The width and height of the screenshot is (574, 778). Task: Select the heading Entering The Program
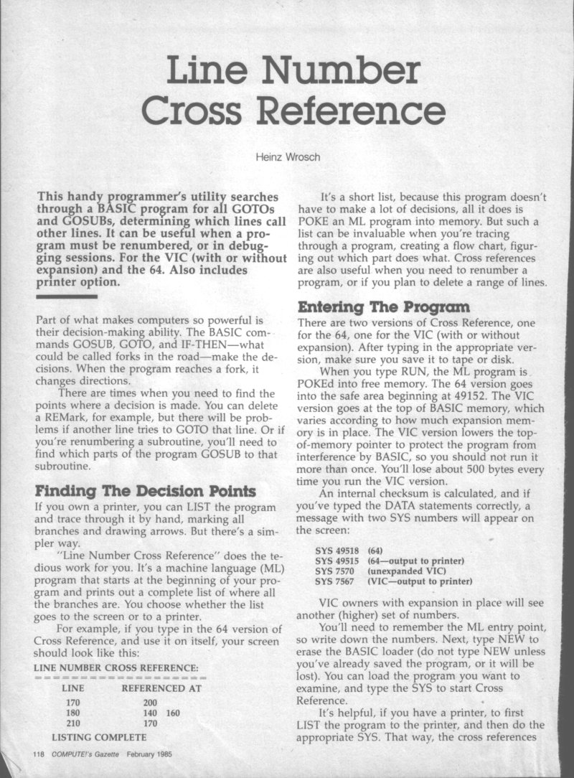tap(379, 309)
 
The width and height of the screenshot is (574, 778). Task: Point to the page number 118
tap(39, 754)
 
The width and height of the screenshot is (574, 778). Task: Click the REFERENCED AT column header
tap(162, 688)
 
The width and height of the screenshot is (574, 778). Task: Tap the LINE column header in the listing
tap(75, 688)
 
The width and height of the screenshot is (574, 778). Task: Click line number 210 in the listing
tap(73, 723)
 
